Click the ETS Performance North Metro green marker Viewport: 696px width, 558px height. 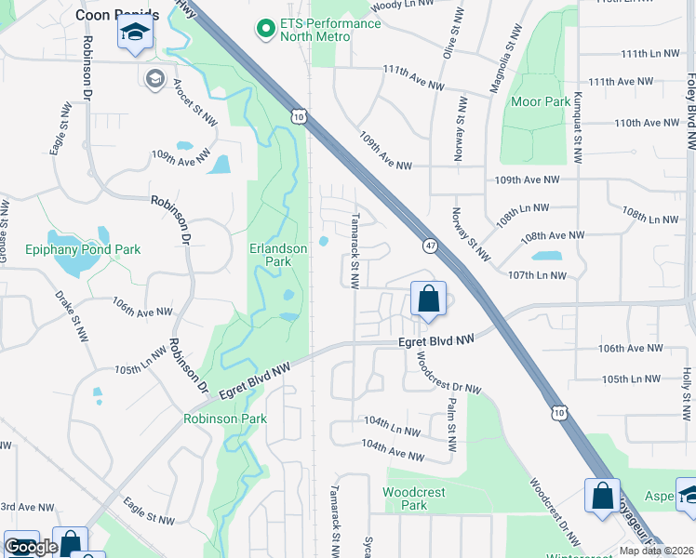(266, 28)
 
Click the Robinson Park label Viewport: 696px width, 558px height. (225, 418)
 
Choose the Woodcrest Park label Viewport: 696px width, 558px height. (414, 498)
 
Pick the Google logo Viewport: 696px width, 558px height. (32, 547)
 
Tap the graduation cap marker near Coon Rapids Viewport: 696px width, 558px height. (135, 33)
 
